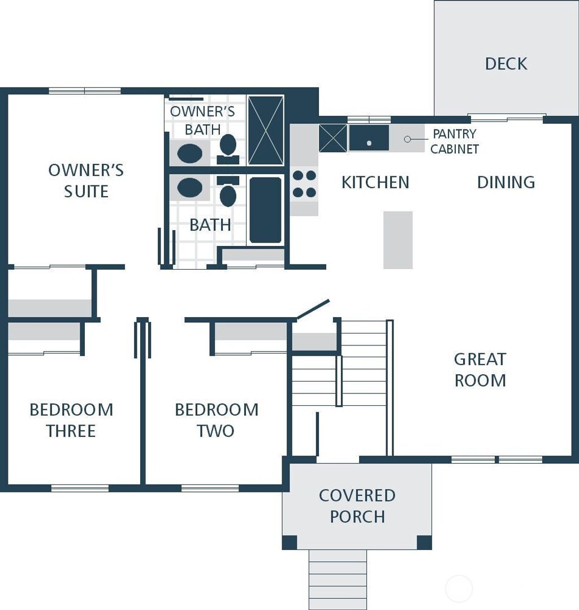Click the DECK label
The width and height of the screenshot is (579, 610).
[506, 64]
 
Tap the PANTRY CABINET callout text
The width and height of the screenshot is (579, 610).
[455, 141]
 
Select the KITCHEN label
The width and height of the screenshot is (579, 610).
[375, 182]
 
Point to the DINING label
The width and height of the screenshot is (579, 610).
[506, 182]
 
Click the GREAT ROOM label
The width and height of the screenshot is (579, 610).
[480, 370]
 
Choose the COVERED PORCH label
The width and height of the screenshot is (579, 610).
[357, 506]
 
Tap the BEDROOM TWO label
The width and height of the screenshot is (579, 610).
[216, 420]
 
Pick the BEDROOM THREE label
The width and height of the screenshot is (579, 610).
[71, 420]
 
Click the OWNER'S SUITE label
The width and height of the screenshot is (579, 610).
[86, 181]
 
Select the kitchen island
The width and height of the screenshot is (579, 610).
[398, 240]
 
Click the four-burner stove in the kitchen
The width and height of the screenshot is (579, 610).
[304, 184]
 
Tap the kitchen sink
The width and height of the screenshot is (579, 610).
[369, 139]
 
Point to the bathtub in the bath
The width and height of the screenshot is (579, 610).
[266, 209]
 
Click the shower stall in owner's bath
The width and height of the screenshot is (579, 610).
[266, 131]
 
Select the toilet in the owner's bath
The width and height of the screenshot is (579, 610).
[228, 148]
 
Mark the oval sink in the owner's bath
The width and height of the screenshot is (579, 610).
[189, 153]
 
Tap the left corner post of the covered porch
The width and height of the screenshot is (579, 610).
[289, 542]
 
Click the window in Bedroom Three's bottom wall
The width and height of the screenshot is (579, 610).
[80, 488]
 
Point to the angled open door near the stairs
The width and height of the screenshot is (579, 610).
[313, 309]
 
